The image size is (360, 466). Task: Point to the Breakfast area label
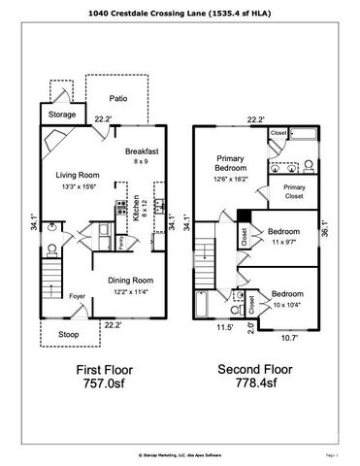coord(141,152)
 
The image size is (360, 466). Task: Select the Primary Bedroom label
coord(229,162)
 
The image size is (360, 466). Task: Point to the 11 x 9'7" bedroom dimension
coord(282,242)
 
